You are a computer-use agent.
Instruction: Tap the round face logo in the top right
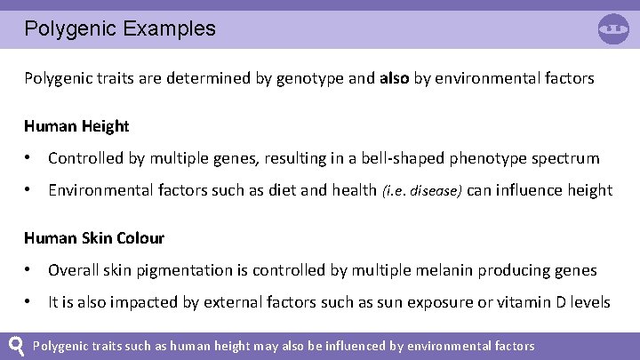click(613, 28)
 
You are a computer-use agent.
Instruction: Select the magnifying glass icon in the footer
click(16, 345)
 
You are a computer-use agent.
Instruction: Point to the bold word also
click(395, 78)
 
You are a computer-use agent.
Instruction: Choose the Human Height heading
click(76, 126)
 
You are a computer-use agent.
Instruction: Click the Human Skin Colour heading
click(94, 238)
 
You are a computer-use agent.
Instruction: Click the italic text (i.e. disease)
click(422, 190)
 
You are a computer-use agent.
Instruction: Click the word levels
click(589, 302)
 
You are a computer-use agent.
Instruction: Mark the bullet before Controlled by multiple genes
click(30, 158)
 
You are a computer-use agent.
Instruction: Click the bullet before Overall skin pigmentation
click(30, 270)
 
